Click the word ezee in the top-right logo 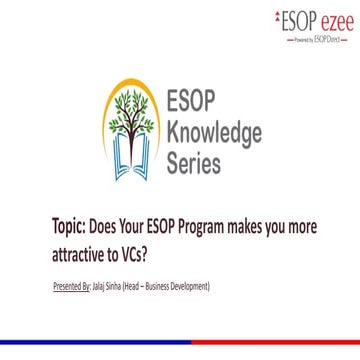(x=328, y=18)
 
